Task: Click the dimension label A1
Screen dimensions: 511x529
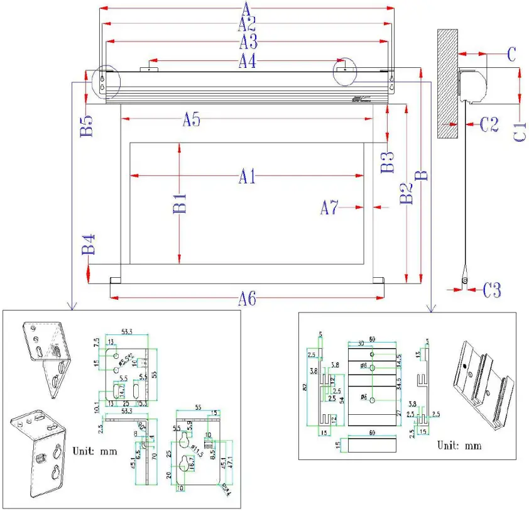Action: (246, 178)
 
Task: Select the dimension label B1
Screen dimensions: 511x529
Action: (180, 204)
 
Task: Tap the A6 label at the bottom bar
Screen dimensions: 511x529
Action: (247, 300)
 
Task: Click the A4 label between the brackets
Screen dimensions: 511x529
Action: (247, 61)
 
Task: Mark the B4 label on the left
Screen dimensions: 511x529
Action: (87, 245)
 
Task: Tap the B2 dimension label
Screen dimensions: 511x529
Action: (406, 192)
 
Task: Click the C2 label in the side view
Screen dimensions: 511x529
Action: (489, 124)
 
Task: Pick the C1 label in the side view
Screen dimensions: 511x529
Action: (520, 129)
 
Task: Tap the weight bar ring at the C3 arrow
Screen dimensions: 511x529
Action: (465, 280)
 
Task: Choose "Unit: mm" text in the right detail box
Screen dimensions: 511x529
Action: (459, 445)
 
